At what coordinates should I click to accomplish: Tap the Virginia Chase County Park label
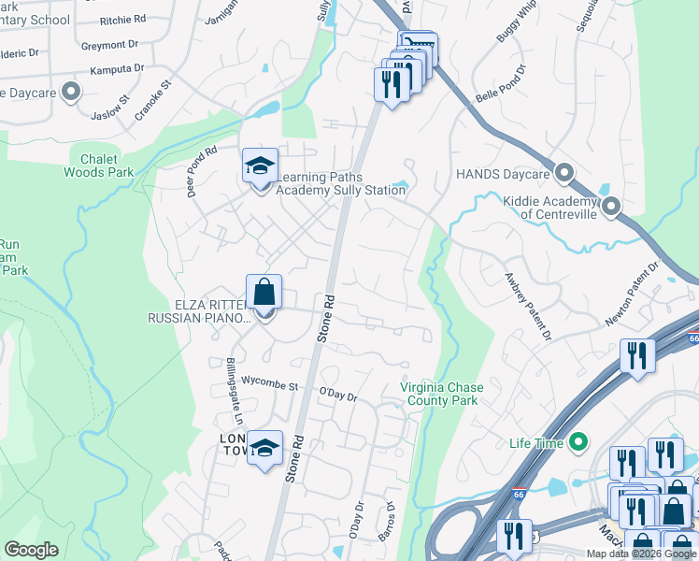click(x=439, y=394)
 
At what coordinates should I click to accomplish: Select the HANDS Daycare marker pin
click(x=563, y=173)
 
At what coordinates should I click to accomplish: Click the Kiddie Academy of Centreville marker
click(x=611, y=206)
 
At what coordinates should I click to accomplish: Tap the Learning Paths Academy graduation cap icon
click(x=260, y=166)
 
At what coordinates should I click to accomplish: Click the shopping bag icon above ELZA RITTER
click(x=264, y=293)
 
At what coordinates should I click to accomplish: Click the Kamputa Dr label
click(x=117, y=68)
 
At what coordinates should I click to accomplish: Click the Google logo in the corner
click(x=31, y=550)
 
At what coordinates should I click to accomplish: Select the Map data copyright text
click(x=640, y=554)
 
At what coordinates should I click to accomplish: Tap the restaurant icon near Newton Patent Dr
click(x=637, y=355)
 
